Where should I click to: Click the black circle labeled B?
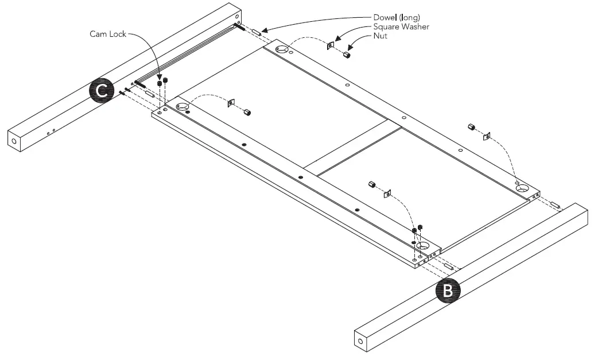[448, 291]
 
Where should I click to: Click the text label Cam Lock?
[107, 34]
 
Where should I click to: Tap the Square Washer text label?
[401, 26]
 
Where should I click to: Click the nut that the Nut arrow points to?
[347, 55]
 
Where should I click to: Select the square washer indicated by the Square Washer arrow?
[331, 45]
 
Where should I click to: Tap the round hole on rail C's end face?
[13, 141]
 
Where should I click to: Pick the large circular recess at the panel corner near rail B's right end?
[523, 187]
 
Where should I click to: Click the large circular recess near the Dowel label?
[281, 51]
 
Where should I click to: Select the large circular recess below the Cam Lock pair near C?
[183, 107]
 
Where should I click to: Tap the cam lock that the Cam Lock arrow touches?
[160, 83]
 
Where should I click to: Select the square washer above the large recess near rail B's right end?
[486, 137]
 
